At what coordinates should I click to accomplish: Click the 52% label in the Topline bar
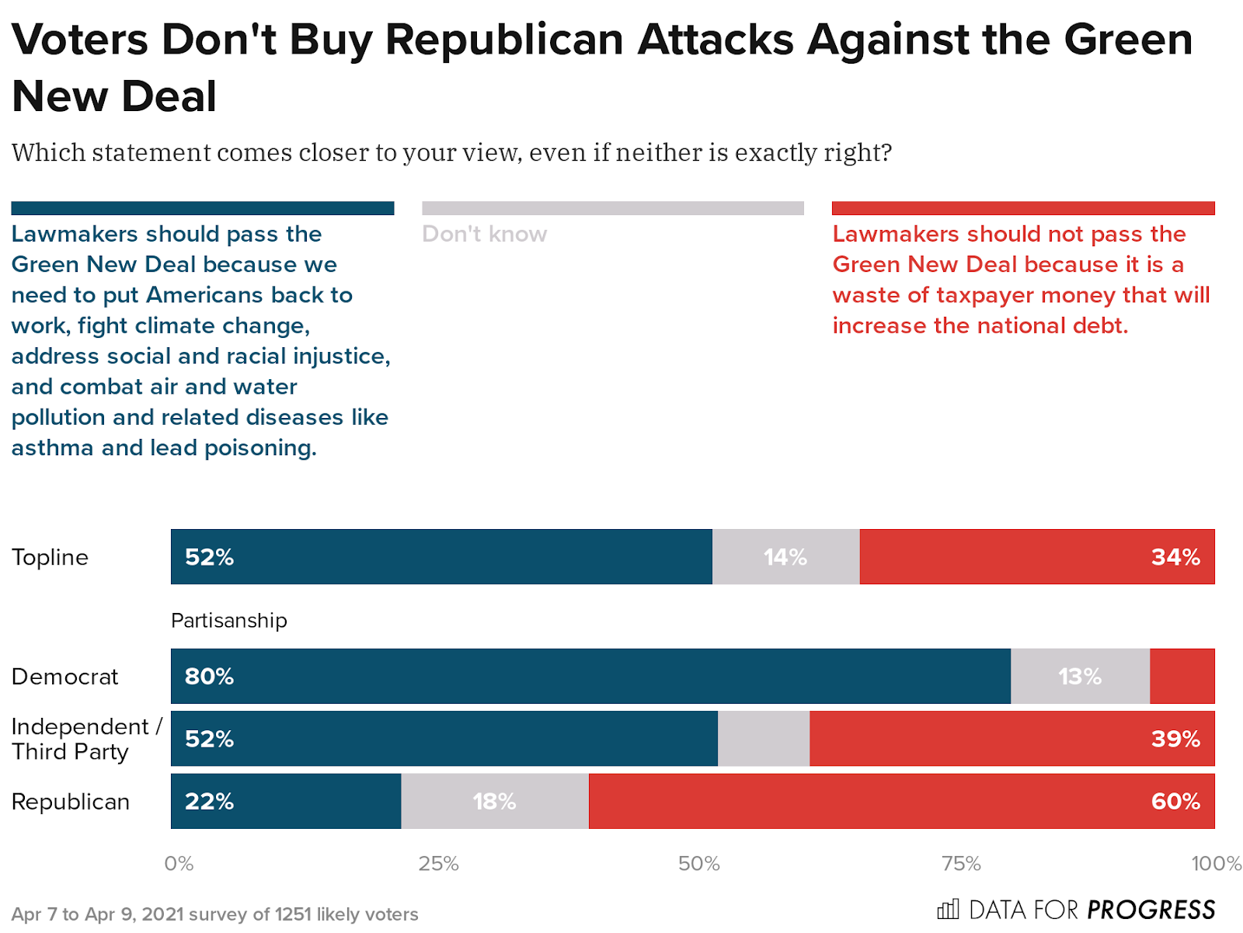point(209,557)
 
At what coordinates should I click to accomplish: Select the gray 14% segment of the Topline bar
point(785,557)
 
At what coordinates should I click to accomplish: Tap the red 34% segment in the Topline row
point(1036,557)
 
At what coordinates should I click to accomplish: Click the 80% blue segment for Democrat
point(590,677)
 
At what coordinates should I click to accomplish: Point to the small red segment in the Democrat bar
point(1182,677)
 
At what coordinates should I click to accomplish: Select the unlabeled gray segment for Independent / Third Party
point(763,739)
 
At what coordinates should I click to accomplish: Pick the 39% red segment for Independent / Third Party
point(1011,739)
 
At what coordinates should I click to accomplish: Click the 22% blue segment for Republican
point(286,801)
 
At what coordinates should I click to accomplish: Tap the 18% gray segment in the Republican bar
point(495,801)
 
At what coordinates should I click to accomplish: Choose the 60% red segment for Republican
point(901,801)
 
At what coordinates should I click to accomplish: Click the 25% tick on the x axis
point(439,864)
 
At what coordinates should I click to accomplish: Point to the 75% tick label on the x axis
point(961,864)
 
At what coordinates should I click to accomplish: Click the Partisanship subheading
point(229,621)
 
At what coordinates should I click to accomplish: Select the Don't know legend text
point(484,234)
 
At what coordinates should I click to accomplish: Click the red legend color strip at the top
point(1022,208)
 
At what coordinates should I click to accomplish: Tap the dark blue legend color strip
point(202,208)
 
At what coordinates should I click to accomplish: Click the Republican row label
point(71,802)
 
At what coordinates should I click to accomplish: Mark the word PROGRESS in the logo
point(1151,910)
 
